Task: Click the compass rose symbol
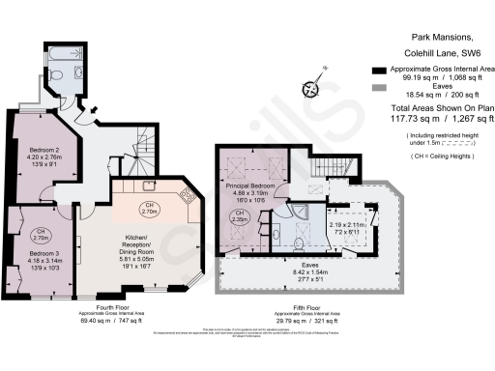point(311,89)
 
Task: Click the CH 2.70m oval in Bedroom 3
point(42,233)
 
